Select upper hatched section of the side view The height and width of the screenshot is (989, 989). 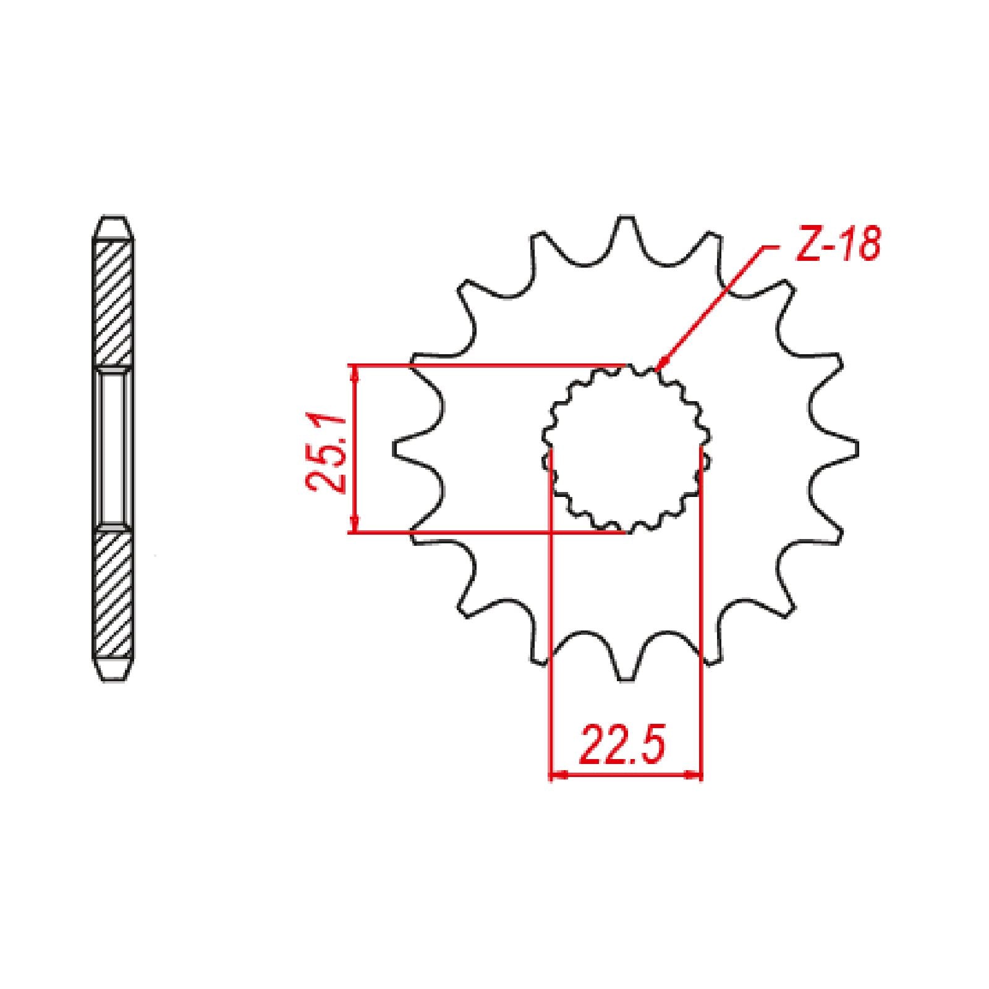point(113,303)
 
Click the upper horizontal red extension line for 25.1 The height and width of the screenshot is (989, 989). point(494,365)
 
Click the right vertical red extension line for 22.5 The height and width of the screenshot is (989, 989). point(702,618)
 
